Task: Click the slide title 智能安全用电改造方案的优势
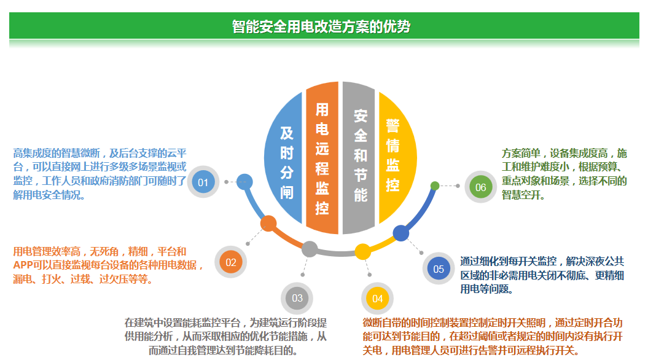coord(321,26)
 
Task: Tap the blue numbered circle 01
coord(203,182)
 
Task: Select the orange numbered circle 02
coord(230,262)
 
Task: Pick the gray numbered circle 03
coord(297,298)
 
